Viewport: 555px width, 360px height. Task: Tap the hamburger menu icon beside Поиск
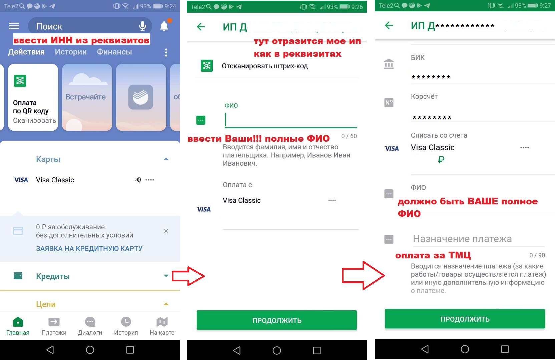point(14,26)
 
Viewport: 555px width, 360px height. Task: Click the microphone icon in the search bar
point(142,26)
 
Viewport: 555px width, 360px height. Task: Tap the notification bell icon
point(164,26)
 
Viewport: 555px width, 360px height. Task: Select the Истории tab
point(71,52)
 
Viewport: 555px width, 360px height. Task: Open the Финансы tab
point(114,52)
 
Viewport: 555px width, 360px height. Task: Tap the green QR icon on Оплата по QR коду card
point(20,81)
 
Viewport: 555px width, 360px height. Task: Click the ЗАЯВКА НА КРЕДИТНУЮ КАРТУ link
point(89,248)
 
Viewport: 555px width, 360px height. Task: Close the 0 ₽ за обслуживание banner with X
point(166,231)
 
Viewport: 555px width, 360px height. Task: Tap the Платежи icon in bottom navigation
point(54,322)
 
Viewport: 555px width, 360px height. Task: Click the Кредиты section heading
point(53,276)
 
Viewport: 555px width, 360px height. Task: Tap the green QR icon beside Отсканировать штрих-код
point(207,66)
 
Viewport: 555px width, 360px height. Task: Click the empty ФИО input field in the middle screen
point(291,120)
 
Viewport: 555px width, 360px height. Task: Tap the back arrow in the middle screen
point(201,26)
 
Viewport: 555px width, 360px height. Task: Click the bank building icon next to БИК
point(389,64)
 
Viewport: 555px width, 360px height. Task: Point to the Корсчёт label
point(424,96)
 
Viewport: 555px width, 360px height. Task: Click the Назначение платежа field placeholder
point(462,239)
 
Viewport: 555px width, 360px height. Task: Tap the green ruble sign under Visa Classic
point(441,159)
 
